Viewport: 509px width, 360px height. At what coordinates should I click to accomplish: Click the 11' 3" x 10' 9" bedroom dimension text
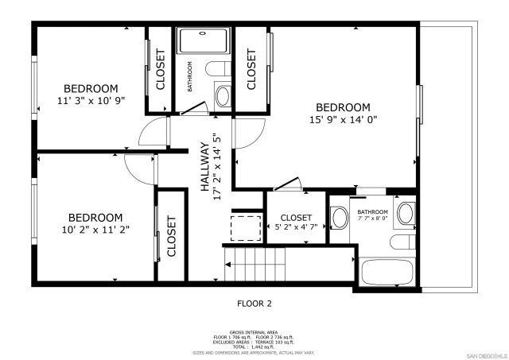pyautogui.click(x=91, y=102)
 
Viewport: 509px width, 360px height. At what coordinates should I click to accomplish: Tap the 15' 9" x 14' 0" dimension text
pyautogui.click(x=344, y=121)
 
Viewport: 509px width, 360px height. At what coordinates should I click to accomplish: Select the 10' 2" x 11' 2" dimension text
pyautogui.click(x=95, y=230)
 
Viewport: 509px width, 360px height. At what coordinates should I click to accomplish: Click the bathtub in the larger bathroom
pyautogui.click(x=386, y=271)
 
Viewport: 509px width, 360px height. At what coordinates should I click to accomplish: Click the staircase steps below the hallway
pyautogui.click(x=255, y=263)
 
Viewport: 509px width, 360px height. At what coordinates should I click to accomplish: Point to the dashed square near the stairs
pyautogui.click(x=246, y=227)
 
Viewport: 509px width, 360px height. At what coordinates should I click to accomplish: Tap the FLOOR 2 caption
pyautogui.click(x=254, y=303)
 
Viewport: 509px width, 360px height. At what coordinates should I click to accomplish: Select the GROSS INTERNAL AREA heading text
pyautogui.click(x=254, y=331)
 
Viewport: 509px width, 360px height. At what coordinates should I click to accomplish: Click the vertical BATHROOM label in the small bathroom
pyautogui.click(x=190, y=77)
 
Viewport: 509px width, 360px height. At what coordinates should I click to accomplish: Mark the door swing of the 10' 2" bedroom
pyautogui.click(x=140, y=168)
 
